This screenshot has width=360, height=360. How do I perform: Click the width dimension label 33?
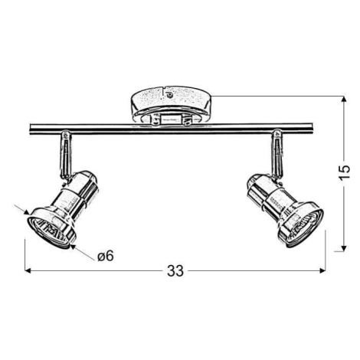coord(175,271)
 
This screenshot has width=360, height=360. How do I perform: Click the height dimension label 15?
coord(344,173)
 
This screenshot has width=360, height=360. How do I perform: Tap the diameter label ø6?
coord(106,256)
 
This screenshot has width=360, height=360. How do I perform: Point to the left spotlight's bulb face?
coord(49,231)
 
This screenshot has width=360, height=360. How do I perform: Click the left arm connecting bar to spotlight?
coord(65,155)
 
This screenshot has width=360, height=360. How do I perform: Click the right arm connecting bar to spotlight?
coord(277,154)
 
